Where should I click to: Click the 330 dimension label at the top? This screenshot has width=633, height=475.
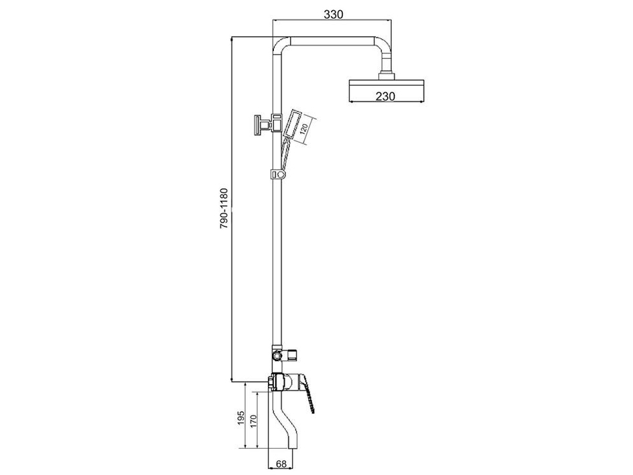pos(333,14)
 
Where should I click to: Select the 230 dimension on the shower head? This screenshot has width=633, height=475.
pos(386,96)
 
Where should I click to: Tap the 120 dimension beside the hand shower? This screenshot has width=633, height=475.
pos(304,129)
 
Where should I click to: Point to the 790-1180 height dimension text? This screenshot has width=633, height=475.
pos(224,208)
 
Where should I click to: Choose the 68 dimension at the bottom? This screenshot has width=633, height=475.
pos(281,464)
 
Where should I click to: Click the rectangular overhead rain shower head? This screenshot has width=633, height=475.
pos(386,90)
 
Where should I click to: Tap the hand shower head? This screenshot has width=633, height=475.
pos(292,123)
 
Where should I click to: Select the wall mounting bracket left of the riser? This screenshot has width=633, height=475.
pos(264,125)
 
